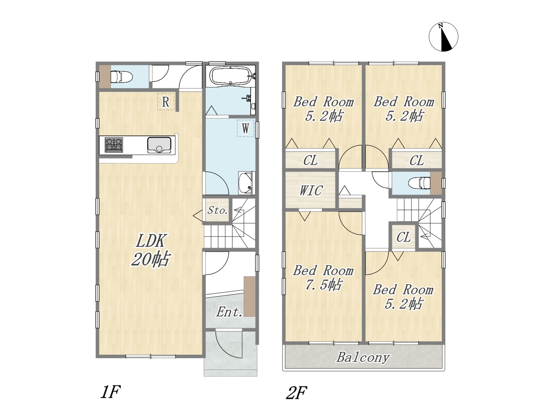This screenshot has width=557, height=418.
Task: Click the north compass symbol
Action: point(443,37)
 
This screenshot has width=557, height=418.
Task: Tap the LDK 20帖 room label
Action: point(151,250)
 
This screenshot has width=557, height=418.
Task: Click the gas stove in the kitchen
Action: point(114,145)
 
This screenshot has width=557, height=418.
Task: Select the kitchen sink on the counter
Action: point(159,145)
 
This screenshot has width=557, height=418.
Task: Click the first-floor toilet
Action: point(121,76)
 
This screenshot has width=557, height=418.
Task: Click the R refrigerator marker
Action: point(166,101)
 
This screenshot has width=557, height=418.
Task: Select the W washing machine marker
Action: point(245,128)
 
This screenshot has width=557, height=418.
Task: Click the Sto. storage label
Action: point(217,210)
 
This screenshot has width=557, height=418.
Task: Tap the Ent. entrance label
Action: point(229,312)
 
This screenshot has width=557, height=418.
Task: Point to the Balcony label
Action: point(363,357)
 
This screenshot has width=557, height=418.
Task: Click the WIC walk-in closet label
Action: point(311,190)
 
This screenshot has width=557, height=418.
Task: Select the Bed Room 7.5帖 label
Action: point(323,278)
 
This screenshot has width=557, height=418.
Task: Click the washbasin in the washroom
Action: point(245,183)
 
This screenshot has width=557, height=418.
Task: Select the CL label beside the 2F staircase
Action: point(403,237)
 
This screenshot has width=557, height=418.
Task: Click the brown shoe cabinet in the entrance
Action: point(250,297)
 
